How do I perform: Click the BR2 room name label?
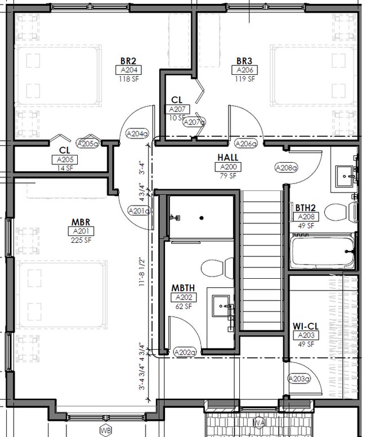(x=128, y=61)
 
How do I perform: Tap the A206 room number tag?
(x=244, y=70)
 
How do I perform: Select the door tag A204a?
(x=137, y=134)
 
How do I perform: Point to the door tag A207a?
(x=194, y=122)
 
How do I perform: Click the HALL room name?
(x=227, y=158)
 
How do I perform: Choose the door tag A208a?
(x=286, y=168)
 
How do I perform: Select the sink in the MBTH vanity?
(x=221, y=306)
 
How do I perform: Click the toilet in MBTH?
(x=217, y=268)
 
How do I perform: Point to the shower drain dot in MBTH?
(x=202, y=218)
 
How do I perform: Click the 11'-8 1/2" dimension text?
(x=142, y=273)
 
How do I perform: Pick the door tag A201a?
(x=139, y=211)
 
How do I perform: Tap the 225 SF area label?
(x=81, y=240)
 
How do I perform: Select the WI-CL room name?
(x=306, y=326)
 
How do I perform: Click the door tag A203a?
(x=299, y=379)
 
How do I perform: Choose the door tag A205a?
(x=88, y=144)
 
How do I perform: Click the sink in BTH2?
(x=345, y=176)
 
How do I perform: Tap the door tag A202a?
(x=185, y=353)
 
